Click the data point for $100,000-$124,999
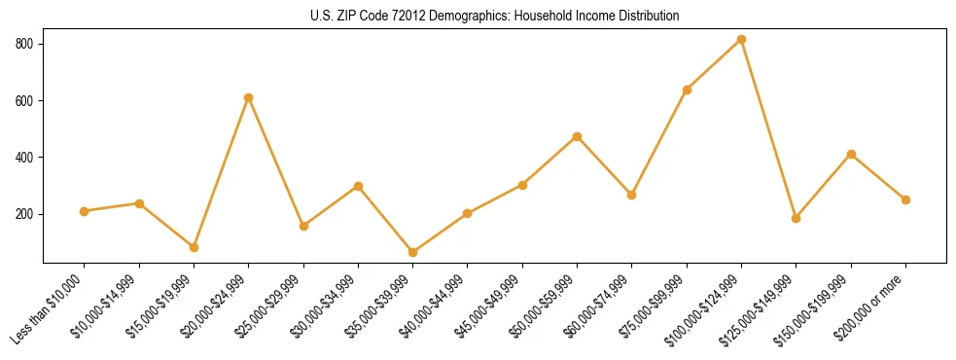(x=742, y=39)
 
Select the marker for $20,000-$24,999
(x=249, y=97)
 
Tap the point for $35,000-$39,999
(x=413, y=252)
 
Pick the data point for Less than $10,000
(x=85, y=211)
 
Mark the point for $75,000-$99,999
(x=688, y=90)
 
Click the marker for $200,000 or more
(x=906, y=199)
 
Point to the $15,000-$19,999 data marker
(x=195, y=247)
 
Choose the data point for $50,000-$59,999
(x=578, y=136)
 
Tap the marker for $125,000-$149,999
(x=797, y=218)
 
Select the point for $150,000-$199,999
(x=852, y=154)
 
